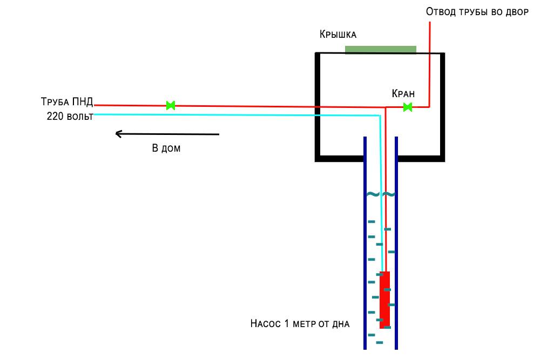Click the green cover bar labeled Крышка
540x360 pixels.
click(x=381, y=50)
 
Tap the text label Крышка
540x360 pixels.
click(x=338, y=35)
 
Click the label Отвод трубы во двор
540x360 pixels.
click(x=477, y=12)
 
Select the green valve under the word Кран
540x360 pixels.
click(x=408, y=107)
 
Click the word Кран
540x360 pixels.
click(x=403, y=93)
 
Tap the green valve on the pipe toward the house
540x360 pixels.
click(x=171, y=105)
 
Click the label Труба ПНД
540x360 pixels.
click(x=67, y=102)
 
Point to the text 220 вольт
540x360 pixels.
click(x=70, y=116)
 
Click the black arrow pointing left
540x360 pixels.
click(x=168, y=134)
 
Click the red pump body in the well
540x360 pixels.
click(x=384, y=300)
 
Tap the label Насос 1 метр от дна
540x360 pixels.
click(x=300, y=324)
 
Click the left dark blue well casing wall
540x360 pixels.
click(x=365, y=243)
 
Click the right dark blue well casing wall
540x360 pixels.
click(x=396, y=243)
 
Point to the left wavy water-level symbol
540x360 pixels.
click(x=373, y=194)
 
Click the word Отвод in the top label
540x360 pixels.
click(x=440, y=12)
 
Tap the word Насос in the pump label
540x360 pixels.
click(x=265, y=324)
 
